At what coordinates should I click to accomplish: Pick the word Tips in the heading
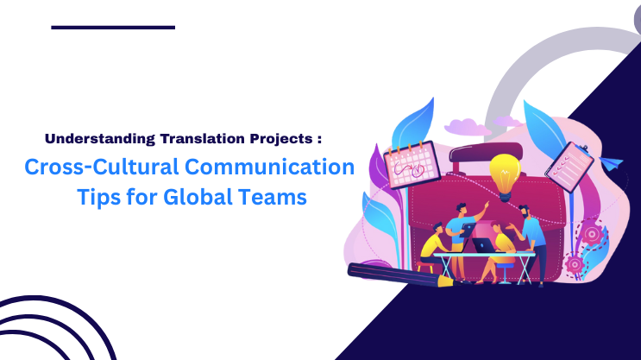(97, 197)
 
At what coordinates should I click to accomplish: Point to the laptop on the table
(485, 246)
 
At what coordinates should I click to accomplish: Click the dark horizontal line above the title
(113, 28)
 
